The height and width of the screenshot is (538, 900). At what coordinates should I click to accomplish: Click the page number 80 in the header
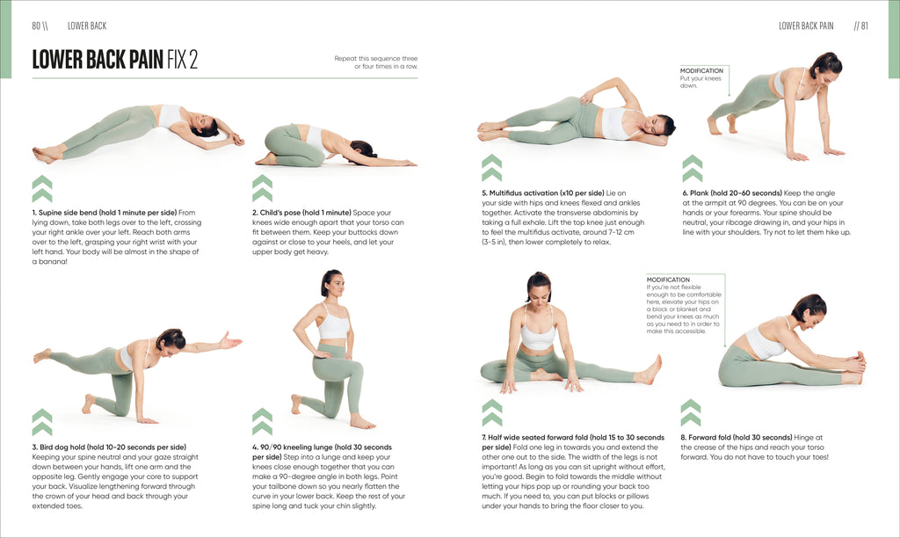click(x=37, y=25)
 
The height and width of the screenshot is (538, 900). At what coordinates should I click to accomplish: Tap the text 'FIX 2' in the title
click(x=182, y=59)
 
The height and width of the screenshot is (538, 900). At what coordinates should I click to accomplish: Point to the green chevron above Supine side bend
click(x=42, y=188)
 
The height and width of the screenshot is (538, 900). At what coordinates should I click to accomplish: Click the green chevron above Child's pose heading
click(x=262, y=188)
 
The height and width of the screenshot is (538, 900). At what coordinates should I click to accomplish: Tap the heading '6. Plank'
click(x=700, y=193)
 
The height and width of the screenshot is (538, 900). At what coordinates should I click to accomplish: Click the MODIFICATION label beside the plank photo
click(x=701, y=70)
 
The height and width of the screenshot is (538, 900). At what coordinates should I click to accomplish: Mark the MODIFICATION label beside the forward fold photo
click(x=668, y=280)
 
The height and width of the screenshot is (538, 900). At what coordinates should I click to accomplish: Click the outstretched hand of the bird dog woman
click(x=230, y=339)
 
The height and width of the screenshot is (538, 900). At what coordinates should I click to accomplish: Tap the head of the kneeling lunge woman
click(x=332, y=283)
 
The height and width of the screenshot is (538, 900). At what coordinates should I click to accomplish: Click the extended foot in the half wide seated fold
click(x=650, y=369)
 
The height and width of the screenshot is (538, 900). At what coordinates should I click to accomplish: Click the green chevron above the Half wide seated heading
click(x=492, y=412)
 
